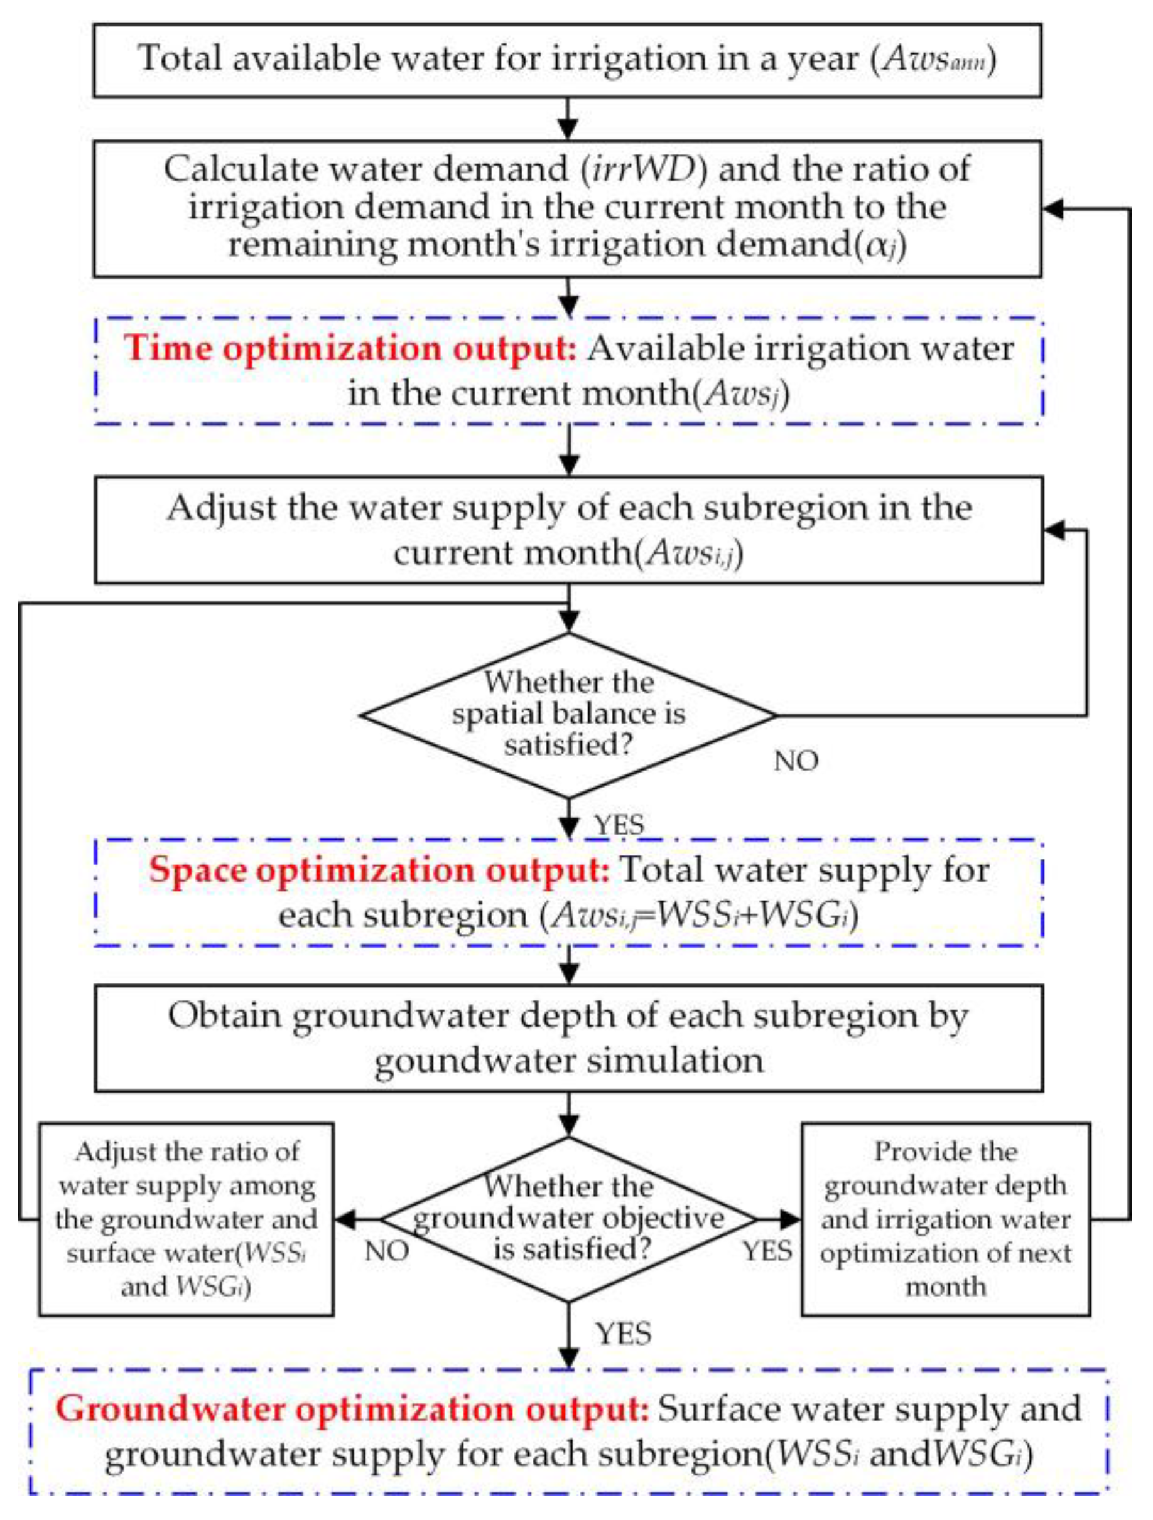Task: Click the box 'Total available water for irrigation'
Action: (567, 60)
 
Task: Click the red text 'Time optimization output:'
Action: (350, 348)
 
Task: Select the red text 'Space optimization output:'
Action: (379, 870)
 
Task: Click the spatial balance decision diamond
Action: (568, 715)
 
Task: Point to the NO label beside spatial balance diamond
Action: (796, 761)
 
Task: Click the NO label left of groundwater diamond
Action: (386, 1251)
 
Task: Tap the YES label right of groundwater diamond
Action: (767, 1251)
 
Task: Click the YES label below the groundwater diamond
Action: (623, 1333)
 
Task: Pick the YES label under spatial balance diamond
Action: (619, 825)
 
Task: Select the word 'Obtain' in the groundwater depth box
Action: (224, 1016)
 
